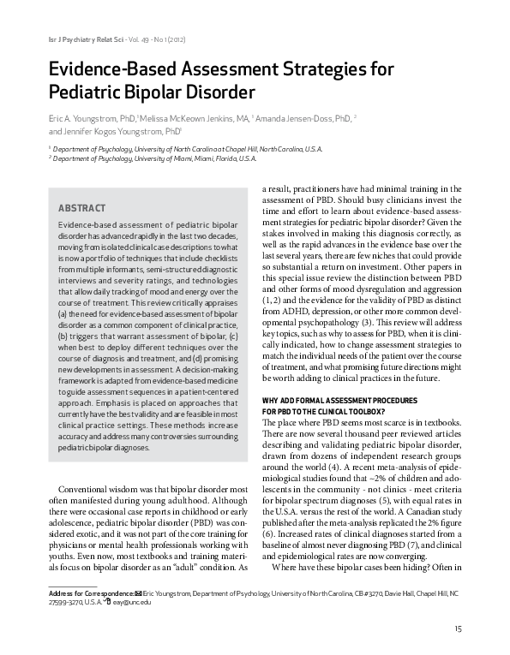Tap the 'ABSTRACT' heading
point(81,207)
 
